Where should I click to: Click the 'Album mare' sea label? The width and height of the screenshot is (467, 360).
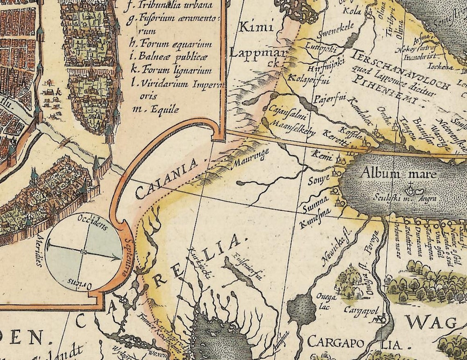tap(398, 174)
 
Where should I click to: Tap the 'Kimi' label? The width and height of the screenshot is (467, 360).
tap(256, 28)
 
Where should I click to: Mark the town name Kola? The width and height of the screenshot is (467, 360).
tap(352, 11)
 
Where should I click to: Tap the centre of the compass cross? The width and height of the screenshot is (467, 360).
tap(84, 251)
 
